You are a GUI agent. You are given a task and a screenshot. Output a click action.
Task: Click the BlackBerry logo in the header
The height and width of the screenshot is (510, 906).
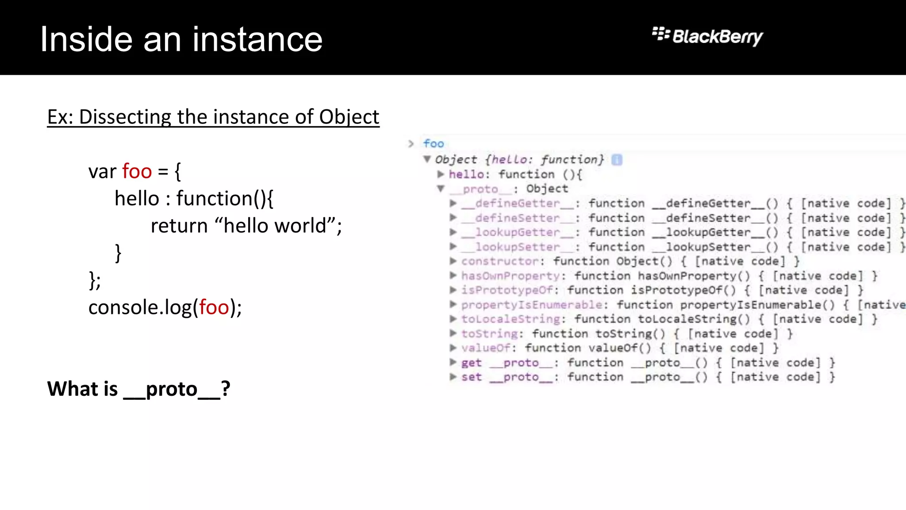(x=708, y=36)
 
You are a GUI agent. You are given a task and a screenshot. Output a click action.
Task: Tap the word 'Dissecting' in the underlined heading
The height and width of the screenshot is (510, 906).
(x=125, y=117)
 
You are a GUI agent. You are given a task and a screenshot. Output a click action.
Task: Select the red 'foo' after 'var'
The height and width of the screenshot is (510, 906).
(x=137, y=171)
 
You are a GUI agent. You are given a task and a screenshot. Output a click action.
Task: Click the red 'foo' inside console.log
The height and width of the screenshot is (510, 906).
(x=214, y=307)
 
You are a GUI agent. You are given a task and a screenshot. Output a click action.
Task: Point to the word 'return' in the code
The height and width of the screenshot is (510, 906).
(x=179, y=226)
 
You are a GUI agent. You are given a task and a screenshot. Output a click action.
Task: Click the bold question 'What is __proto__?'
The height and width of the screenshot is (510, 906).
(x=138, y=389)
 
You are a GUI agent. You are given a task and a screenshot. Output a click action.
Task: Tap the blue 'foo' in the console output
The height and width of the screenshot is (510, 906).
(x=433, y=143)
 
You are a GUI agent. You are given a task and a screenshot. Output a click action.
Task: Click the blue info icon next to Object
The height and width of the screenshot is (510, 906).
(x=617, y=160)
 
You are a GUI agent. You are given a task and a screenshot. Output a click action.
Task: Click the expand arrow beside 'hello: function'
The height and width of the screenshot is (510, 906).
(x=441, y=174)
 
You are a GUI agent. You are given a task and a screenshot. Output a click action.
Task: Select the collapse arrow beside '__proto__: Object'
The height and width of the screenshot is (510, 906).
(x=441, y=189)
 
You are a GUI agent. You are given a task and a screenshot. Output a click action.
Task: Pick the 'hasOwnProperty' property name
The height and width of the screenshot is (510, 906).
(x=511, y=276)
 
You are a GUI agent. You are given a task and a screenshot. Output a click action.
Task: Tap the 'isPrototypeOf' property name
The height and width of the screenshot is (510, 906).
(x=507, y=290)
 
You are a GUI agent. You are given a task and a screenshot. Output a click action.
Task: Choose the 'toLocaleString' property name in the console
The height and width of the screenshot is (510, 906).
(x=511, y=319)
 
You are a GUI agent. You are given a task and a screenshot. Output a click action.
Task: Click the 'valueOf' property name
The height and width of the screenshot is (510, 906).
(x=486, y=348)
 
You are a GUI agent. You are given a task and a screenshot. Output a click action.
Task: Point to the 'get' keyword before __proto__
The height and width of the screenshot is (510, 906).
(x=471, y=363)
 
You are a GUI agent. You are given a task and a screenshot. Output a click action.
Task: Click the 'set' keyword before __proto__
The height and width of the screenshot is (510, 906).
(x=471, y=377)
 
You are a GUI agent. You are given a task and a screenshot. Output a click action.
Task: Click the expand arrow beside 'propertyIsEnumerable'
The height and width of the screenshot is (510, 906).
(x=453, y=305)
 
